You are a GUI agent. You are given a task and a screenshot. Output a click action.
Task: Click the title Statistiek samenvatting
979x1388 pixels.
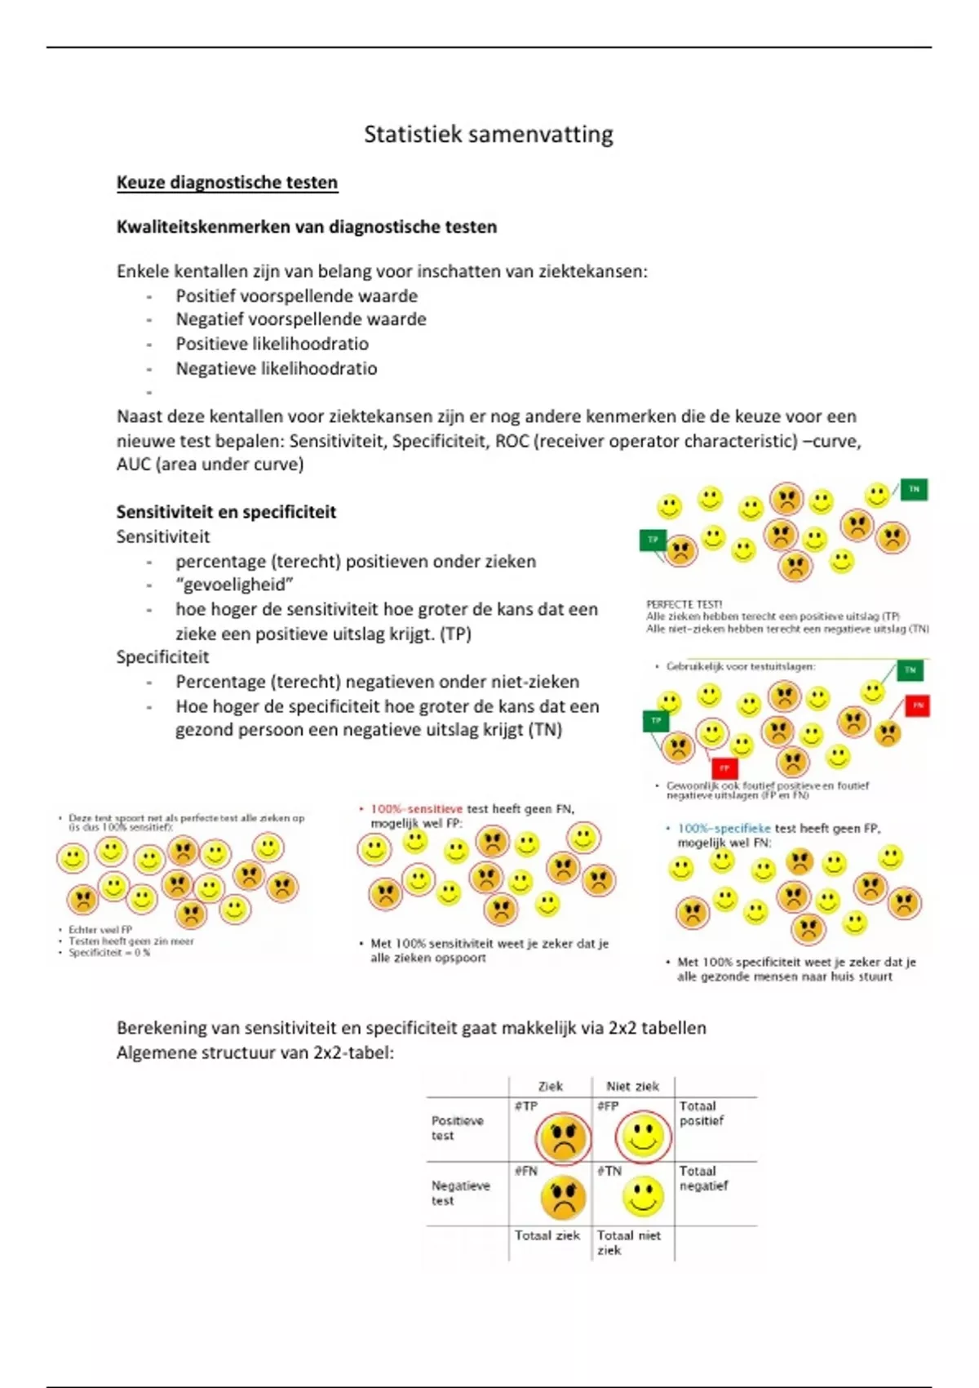[x=488, y=135]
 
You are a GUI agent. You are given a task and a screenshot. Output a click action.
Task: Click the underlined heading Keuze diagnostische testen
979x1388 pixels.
[x=227, y=182]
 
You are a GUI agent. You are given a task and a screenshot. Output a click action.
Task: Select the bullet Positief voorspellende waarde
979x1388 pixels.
[x=296, y=296]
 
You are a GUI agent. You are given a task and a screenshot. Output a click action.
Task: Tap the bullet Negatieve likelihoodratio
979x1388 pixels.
[x=276, y=368]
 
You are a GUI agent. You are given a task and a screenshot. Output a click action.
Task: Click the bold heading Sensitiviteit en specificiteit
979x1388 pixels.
[x=226, y=512]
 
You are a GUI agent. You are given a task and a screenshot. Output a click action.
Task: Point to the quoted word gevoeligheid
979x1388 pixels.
[x=233, y=585]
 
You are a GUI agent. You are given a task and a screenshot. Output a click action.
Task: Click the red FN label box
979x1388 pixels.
[x=918, y=705]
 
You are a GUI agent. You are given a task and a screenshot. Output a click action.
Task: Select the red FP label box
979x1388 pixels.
[x=724, y=768]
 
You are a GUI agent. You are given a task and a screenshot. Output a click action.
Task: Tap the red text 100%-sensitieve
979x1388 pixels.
[x=416, y=809]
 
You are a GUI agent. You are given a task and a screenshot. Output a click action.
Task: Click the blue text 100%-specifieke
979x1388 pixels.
[x=724, y=828]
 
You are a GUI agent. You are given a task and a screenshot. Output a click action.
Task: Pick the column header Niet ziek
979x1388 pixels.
[x=632, y=1086]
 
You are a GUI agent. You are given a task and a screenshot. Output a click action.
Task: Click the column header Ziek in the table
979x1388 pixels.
[x=550, y=1086]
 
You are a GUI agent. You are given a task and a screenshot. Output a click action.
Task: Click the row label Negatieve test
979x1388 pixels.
[x=460, y=1193]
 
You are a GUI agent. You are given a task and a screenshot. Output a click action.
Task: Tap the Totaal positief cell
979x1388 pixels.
[x=702, y=1114]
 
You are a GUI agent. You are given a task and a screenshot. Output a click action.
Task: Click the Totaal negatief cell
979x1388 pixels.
[x=703, y=1178]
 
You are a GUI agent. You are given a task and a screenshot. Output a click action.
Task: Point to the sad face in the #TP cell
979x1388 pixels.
[x=563, y=1137]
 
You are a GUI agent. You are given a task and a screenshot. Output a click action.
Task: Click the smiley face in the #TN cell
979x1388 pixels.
[x=643, y=1197]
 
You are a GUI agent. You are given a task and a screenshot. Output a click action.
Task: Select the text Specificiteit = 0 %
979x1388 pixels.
[x=109, y=953]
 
